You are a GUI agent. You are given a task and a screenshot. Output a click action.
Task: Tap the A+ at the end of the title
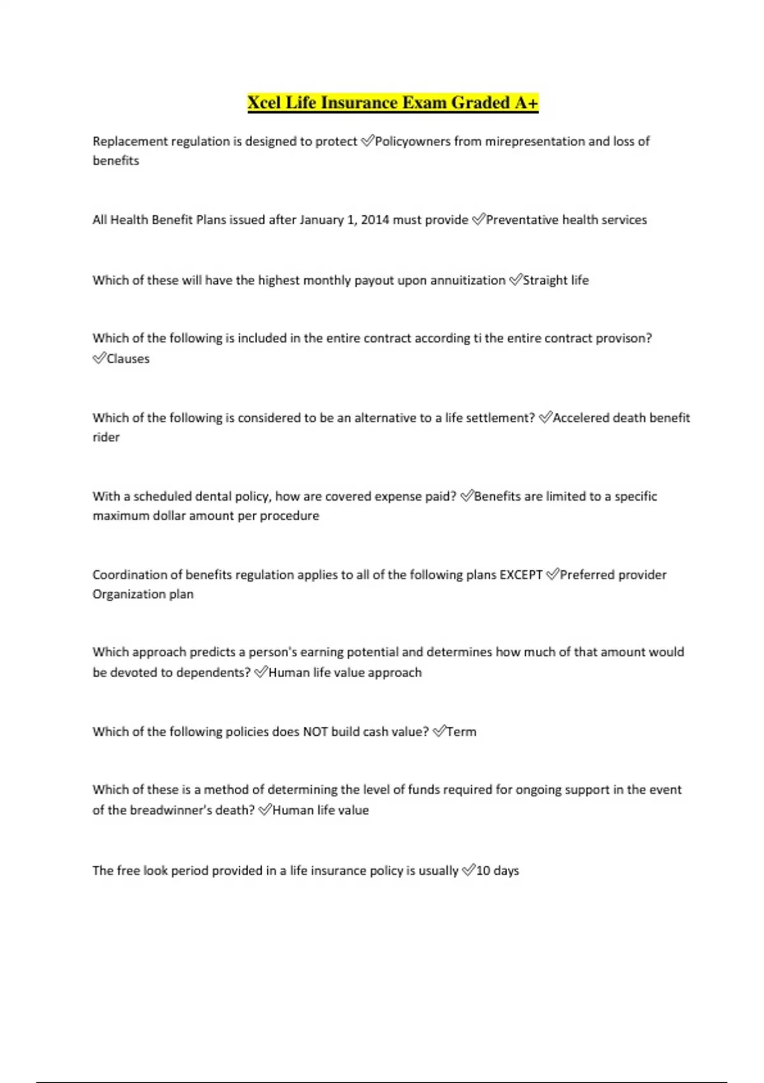pos(526,103)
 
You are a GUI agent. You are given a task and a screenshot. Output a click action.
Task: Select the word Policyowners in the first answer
pos(413,141)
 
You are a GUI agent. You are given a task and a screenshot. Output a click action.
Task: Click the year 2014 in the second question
pos(375,220)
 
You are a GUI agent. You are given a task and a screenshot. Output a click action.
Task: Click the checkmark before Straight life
pos(515,280)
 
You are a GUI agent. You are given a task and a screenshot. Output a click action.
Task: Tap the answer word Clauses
pos(128,359)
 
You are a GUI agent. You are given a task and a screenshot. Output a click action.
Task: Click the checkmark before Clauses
pos(99,358)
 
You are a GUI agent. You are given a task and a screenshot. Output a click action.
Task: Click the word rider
pos(106,437)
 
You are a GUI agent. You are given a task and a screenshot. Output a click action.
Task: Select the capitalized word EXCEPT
pos(521,575)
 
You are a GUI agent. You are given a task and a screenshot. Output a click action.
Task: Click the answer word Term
pos(462,732)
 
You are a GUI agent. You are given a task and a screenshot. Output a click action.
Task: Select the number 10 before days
pos(483,871)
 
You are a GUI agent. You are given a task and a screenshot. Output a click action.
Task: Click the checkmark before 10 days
pos(468,870)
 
